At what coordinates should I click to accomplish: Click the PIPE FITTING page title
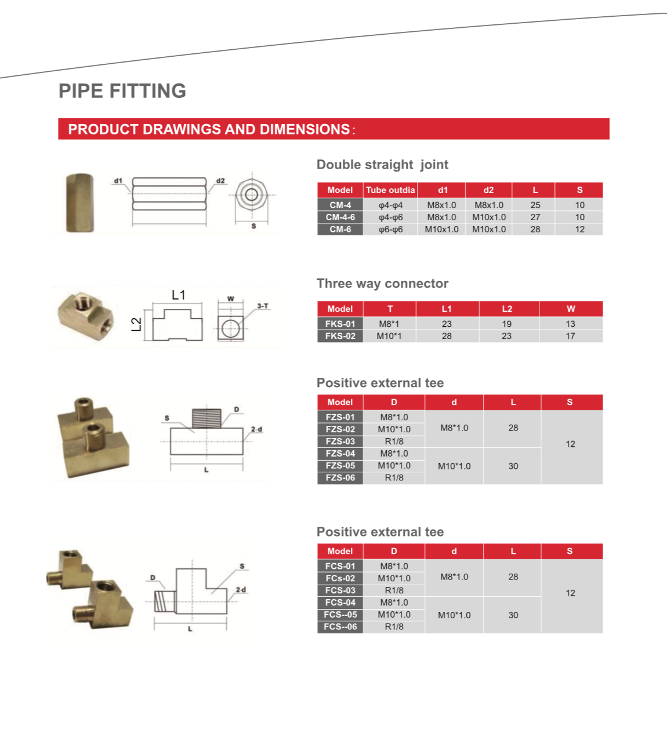coord(122,91)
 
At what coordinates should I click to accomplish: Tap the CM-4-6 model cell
coord(340,217)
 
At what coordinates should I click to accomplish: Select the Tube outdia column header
coord(390,190)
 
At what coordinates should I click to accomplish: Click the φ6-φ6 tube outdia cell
coord(390,229)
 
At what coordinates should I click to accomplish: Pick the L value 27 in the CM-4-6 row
coord(535,217)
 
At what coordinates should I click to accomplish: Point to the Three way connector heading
coord(382,283)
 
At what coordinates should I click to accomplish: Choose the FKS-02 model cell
coord(340,336)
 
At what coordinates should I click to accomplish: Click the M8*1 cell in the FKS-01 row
coord(389,324)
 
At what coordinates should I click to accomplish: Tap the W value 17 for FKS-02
coord(570,336)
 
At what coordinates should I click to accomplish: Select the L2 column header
coord(507,309)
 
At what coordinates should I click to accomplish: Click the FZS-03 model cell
coord(340,442)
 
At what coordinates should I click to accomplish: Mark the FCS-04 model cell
coord(340,603)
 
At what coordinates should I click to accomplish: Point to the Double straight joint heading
coord(382,165)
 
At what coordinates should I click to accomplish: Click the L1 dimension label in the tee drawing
coord(179,295)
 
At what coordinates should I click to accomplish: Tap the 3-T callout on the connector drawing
coord(263,306)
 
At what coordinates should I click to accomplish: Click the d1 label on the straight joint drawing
coord(118,181)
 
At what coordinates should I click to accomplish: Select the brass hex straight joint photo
coord(80,203)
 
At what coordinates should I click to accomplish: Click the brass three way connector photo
coord(82,315)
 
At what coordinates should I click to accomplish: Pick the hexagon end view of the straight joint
coord(251,195)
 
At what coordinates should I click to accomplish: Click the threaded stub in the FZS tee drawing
coord(206,418)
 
